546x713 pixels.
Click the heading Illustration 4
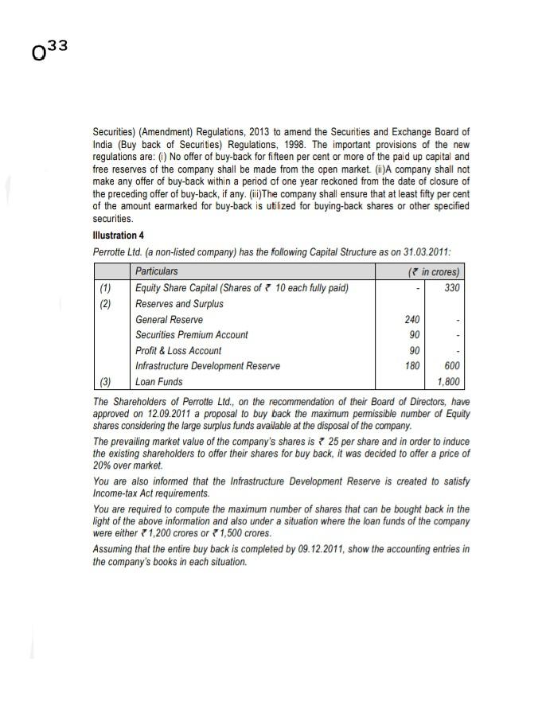[118, 236]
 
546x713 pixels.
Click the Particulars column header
[156, 271]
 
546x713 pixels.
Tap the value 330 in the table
[451, 287]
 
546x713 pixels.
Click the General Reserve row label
[169, 319]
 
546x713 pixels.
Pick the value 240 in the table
[412, 319]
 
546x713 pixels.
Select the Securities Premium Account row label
[191, 335]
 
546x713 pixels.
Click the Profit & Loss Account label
[178, 350]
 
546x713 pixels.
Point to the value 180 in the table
[412, 366]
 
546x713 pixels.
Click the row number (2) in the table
[105, 303]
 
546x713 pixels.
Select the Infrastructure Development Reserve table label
[207, 366]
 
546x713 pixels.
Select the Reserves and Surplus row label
[179, 303]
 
